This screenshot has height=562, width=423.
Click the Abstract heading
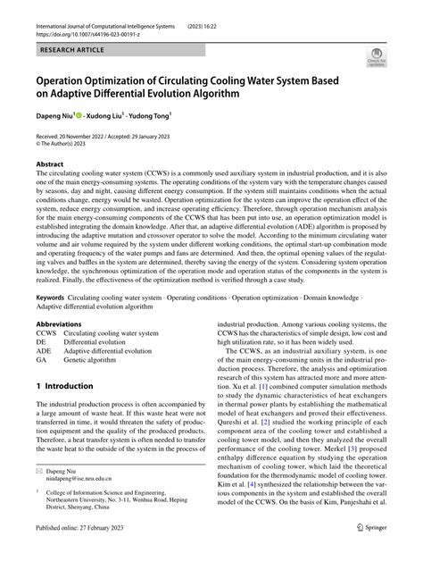pos(48,165)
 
